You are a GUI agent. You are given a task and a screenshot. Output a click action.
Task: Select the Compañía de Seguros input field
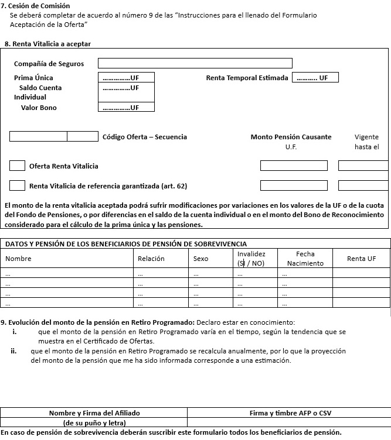point(195,63)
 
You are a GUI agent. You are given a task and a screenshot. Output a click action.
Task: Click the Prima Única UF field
point(126,77)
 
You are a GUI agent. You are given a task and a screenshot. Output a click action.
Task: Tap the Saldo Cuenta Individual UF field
point(126,88)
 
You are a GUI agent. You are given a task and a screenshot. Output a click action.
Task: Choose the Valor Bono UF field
point(126,107)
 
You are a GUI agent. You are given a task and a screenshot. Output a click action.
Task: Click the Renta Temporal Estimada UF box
point(315,77)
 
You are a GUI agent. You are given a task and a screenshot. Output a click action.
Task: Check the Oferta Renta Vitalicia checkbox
point(17,166)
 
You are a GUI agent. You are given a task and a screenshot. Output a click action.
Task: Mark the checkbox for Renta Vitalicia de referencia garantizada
point(17,185)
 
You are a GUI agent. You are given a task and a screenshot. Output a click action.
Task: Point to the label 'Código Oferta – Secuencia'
point(145,137)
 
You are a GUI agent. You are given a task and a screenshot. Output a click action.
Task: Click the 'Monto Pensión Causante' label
point(291,137)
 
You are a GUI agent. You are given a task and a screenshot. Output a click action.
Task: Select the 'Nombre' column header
point(19,259)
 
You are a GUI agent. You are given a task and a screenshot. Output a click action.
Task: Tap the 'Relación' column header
point(151,259)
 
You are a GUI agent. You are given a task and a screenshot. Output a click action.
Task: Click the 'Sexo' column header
point(200,259)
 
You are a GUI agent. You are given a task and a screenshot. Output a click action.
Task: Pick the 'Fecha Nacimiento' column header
point(305,259)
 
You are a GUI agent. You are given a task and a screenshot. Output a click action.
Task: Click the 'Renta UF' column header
point(361,259)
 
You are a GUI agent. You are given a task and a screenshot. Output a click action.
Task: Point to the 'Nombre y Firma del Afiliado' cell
point(94,413)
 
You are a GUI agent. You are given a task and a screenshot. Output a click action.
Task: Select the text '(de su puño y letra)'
point(94,422)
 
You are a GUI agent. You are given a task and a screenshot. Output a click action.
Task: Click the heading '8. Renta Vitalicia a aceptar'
point(47,44)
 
